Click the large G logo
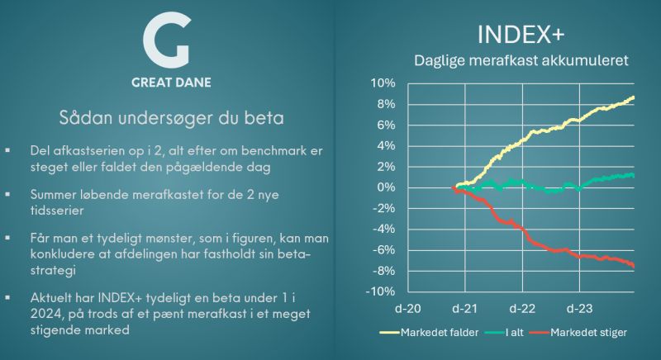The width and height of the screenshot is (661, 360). point(165,41)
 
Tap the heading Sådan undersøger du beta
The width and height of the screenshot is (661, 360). point(172,118)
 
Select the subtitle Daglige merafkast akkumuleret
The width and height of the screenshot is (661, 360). point(521,61)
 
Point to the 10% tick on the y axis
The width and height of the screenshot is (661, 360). point(383,83)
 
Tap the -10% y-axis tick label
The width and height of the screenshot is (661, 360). point(381,291)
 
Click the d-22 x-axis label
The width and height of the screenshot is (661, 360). point(521,308)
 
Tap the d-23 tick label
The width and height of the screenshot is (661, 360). point(578,308)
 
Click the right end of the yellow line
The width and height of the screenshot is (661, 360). point(634,97)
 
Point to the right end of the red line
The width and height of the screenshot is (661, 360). point(634,266)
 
